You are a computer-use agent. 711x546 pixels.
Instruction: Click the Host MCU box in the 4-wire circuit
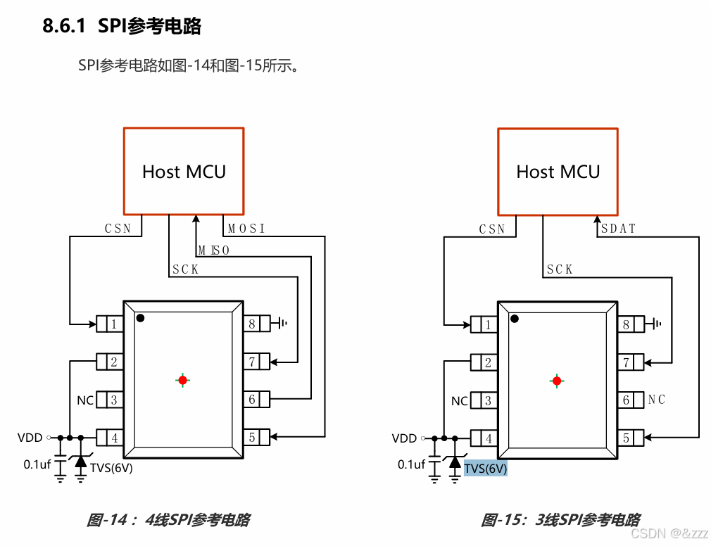[184, 171]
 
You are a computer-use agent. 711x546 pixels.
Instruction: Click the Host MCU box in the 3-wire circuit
[558, 171]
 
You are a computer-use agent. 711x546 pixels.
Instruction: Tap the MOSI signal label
[246, 229]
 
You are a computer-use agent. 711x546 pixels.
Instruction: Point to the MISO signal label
[213, 250]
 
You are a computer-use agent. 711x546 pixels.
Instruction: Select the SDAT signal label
[618, 229]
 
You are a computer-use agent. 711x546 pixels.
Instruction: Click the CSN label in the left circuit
[118, 229]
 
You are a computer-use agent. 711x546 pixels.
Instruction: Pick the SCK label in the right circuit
[560, 269]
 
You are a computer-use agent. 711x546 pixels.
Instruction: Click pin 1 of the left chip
[113, 324]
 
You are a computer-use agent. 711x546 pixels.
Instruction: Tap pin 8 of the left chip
[251, 324]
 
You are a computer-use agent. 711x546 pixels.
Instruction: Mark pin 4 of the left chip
[113, 438]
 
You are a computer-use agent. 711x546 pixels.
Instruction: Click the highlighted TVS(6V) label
[485, 469]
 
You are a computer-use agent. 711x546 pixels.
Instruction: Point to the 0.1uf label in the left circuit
[37, 464]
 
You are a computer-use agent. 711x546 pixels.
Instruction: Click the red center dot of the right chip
[557, 381]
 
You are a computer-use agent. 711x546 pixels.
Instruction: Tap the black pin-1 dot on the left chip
[141, 319]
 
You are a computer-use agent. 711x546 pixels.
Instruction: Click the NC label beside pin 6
[657, 400]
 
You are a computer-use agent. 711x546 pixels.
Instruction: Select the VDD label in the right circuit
[404, 438]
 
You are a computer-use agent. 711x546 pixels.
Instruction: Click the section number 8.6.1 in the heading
[64, 27]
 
